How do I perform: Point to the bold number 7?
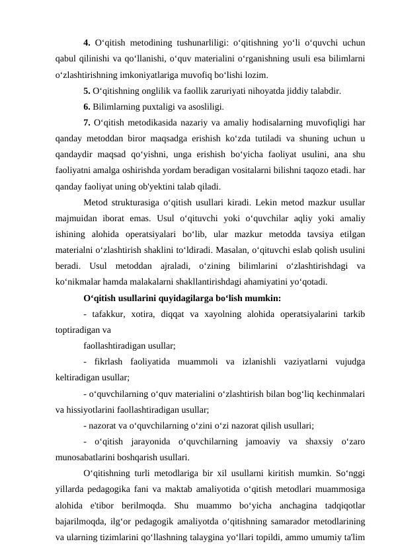(x=88, y=122)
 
